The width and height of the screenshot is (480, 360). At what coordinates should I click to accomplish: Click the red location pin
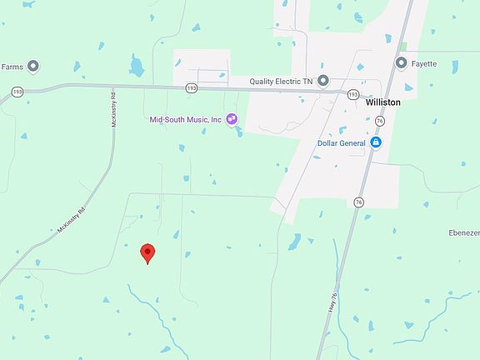click(147, 252)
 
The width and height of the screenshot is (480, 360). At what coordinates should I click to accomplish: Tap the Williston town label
click(382, 102)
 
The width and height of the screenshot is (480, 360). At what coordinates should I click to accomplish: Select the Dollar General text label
click(342, 142)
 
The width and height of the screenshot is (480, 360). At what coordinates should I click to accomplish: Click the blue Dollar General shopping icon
click(376, 142)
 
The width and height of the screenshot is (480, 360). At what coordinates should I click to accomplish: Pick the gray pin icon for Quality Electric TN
click(323, 81)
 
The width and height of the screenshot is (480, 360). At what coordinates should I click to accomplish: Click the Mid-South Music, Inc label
click(185, 120)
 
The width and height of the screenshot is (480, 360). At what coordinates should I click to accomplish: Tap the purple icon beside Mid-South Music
click(231, 119)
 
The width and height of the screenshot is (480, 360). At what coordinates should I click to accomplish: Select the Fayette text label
click(423, 63)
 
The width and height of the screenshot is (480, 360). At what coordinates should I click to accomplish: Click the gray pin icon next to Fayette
click(402, 63)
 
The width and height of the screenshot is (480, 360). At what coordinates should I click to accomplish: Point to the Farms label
click(12, 66)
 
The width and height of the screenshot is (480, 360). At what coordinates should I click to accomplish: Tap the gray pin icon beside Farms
click(33, 66)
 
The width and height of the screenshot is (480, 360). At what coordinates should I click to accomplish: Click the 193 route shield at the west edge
click(16, 91)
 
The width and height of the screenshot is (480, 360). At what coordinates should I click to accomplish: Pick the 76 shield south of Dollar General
click(358, 202)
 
